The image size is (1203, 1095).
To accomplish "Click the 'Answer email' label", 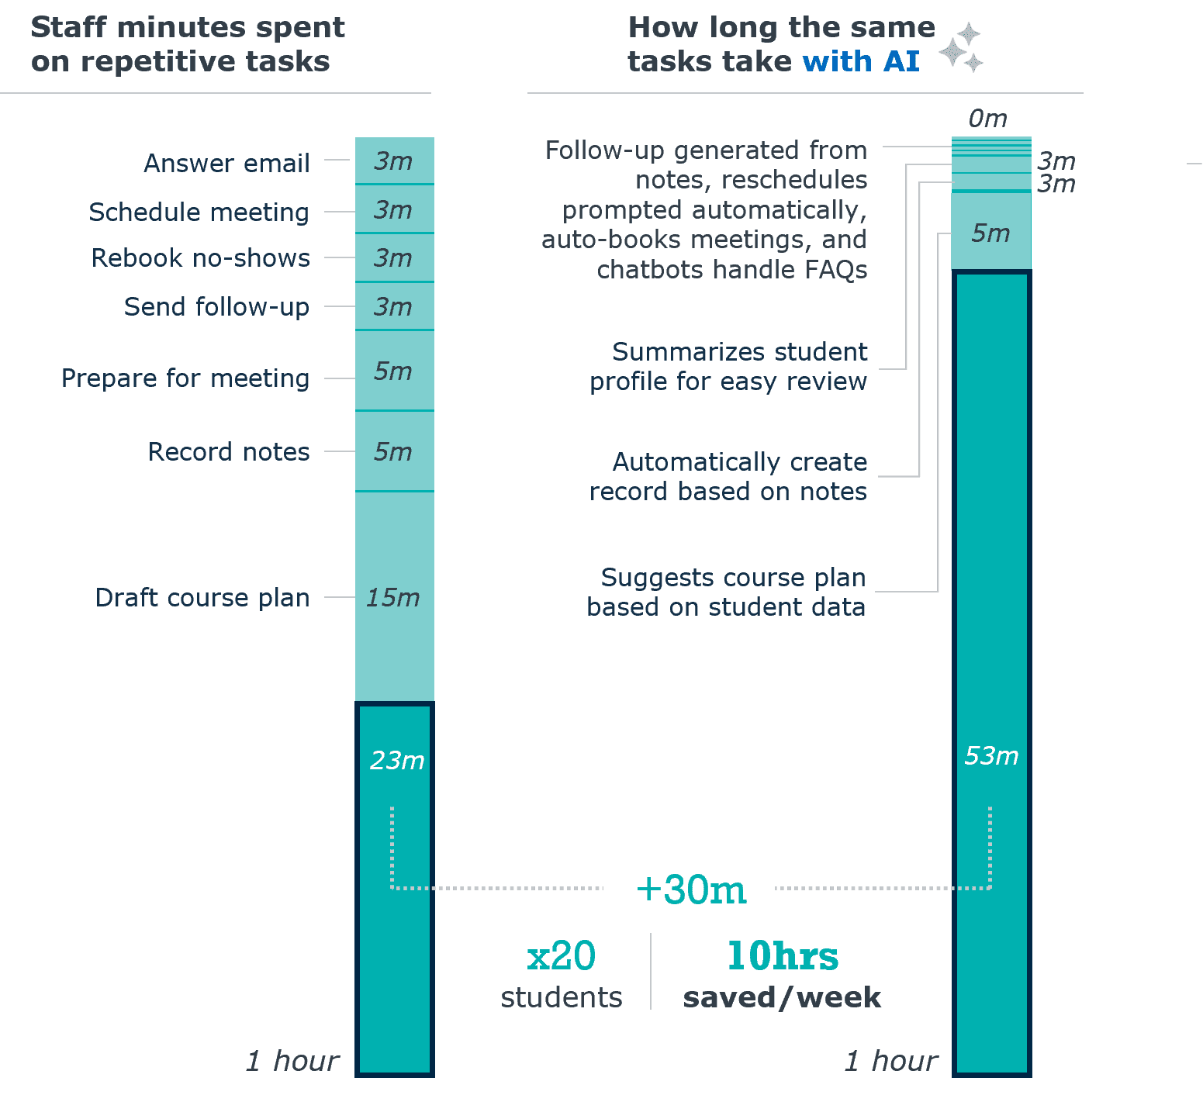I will tap(226, 164).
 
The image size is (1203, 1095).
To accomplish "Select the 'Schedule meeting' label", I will tap(199, 212).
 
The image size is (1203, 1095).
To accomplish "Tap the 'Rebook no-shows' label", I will tap(200, 258).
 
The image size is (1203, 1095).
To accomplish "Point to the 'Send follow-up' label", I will tap(216, 307).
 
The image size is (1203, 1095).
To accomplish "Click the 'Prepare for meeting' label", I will tap(185, 378).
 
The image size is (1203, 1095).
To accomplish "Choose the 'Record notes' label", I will tap(229, 452).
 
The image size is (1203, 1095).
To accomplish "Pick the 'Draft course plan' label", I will tap(202, 598).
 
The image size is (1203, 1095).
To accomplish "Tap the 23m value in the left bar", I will tap(397, 761).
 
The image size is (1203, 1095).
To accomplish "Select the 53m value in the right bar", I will tap(991, 756).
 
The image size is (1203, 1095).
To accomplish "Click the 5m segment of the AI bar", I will tap(991, 233).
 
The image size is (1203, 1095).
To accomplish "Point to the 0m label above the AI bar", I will tap(987, 119).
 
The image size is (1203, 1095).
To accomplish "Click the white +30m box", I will tap(689, 891).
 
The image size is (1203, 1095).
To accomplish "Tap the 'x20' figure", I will tap(561, 955).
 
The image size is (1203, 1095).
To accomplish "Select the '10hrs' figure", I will tap(783, 955).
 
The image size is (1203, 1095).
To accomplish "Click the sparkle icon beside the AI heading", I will tap(962, 48).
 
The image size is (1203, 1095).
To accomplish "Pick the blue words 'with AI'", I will tap(861, 61).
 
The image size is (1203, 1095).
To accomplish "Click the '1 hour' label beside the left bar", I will tap(292, 1061).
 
